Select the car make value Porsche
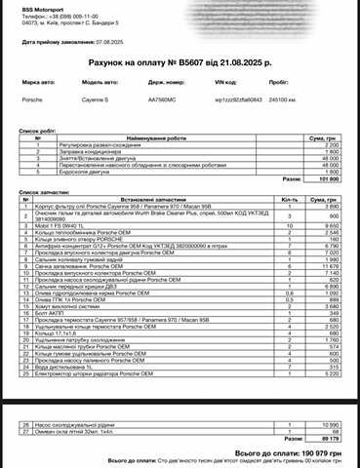(32, 98)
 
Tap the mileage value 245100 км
(282, 98)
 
